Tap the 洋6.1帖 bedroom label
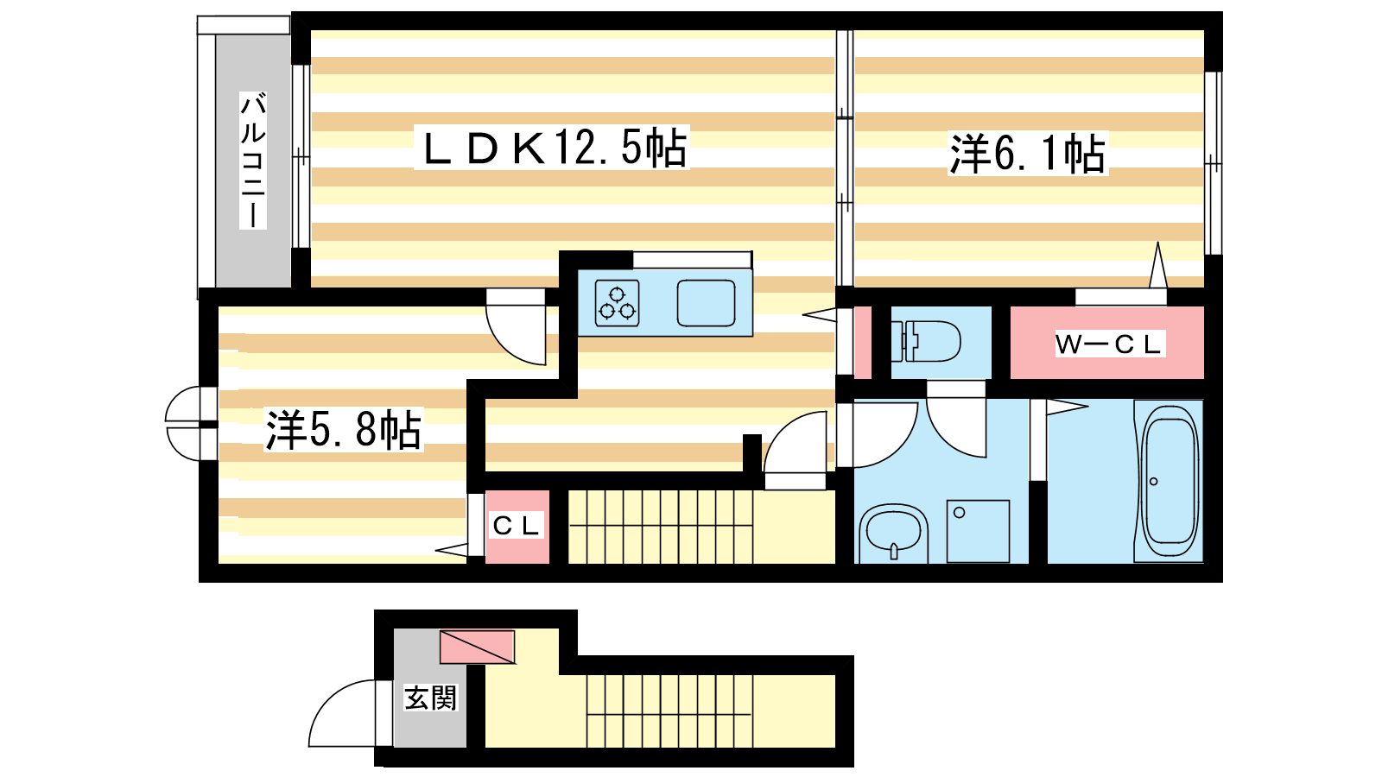[x=1027, y=154]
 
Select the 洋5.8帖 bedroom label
[x=343, y=429]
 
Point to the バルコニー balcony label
[x=253, y=161]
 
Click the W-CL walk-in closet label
[x=1108, y=344]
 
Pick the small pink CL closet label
[x=517, y=526]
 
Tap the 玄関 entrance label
[x=430, y=698]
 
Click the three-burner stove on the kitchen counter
[x=617, y=303]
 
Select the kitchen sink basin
[x=706, y=303]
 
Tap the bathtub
[x=1170, y=482]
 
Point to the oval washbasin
[x=894, y=533]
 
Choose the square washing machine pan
[x=978, y=531]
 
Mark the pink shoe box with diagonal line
[x=477, y=647]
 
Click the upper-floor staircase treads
[x=660, y=527]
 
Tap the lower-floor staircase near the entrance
[x=669, y=711]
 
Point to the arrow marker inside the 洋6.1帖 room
[x=1158, y=264]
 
